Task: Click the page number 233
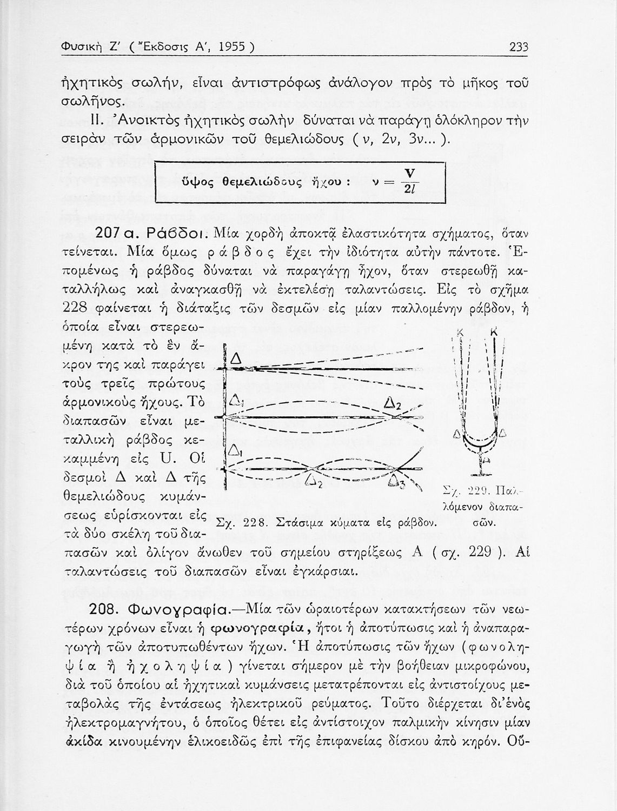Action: coord(519,48)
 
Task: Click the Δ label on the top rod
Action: coord(236,358)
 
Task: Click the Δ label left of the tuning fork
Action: coord(457,434)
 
